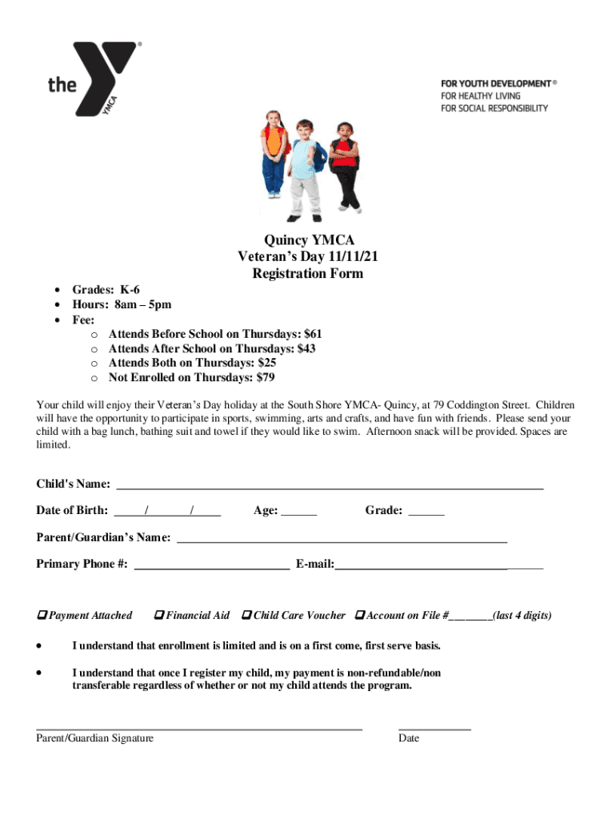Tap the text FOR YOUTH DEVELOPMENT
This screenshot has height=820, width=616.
pos(495,83)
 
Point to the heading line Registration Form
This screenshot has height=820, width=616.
pos(308,274)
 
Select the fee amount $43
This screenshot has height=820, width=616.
pos(306,348)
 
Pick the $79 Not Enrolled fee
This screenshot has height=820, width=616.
pos(266,377)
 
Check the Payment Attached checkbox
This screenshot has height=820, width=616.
pos(42,615)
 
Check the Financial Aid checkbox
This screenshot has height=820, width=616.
pos(159,615)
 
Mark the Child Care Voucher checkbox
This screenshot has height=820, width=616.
pos(247,615)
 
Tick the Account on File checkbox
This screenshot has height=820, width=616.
pos(359,615)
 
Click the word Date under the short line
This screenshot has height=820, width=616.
pos(409,738)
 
